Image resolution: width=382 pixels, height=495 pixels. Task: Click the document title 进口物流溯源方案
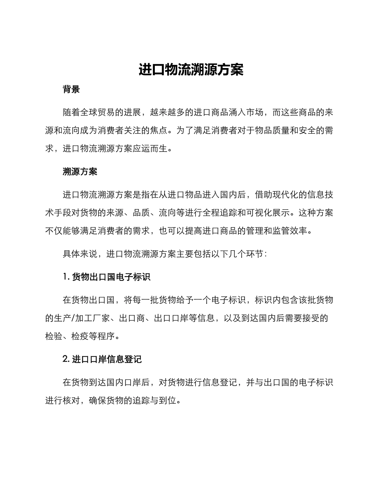tap(191, 70)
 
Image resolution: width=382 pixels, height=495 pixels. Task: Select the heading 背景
tap(71, 89)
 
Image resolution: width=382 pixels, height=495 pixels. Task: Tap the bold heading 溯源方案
tap(80, 172)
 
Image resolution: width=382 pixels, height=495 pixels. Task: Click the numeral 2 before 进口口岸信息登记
tap(66, 359)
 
